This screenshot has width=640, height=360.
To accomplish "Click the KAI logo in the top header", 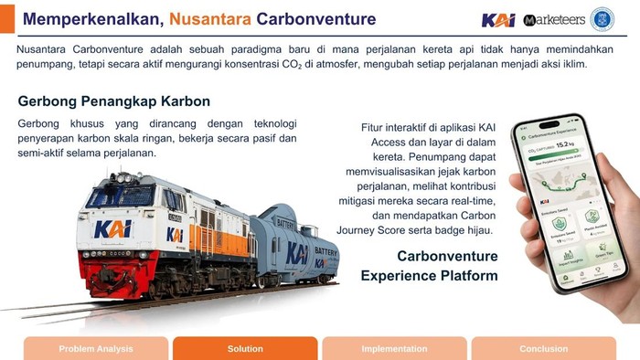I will pos(498,19).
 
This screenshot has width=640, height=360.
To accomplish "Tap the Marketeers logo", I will pos(554,19).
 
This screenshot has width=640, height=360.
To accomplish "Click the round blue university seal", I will pos(603,19).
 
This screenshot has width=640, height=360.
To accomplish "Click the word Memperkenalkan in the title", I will pos(81,19).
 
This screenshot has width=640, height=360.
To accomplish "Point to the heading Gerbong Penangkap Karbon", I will pos(114,101).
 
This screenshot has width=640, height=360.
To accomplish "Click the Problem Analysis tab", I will pos(96,348).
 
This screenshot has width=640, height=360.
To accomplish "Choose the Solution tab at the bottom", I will pos(245,348).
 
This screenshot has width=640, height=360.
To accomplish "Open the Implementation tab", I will pos(394,348).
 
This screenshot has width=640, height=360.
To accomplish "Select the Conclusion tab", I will pos(544,348).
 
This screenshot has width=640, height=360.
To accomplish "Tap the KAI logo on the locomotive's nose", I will pos(113,228).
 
